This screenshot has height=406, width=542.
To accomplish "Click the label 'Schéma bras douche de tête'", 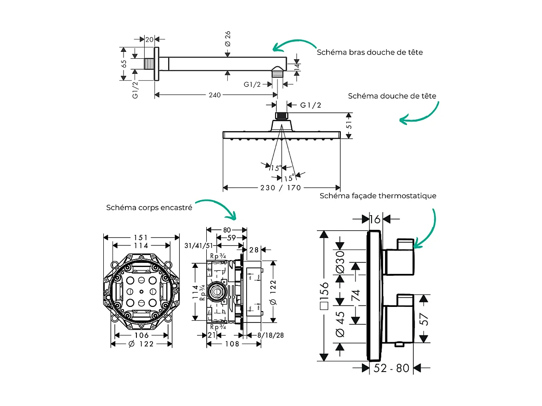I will (x=370, y=52).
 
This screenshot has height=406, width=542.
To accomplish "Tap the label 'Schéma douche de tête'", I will (x=392, y=96).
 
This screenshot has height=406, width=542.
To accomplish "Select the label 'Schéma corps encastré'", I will (x=149, y=207).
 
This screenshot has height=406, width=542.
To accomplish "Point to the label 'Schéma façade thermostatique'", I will (x=378, y=196).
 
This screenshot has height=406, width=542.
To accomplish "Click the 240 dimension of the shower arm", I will (x=215, y=95).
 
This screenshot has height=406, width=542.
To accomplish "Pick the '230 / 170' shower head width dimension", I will (x=281, y=188).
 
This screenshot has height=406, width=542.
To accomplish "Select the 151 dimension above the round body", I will (x=141, y=237).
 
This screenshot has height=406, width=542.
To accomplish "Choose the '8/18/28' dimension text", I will (x=271, y=335).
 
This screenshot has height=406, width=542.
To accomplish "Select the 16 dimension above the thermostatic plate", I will (x=375, y=218).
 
